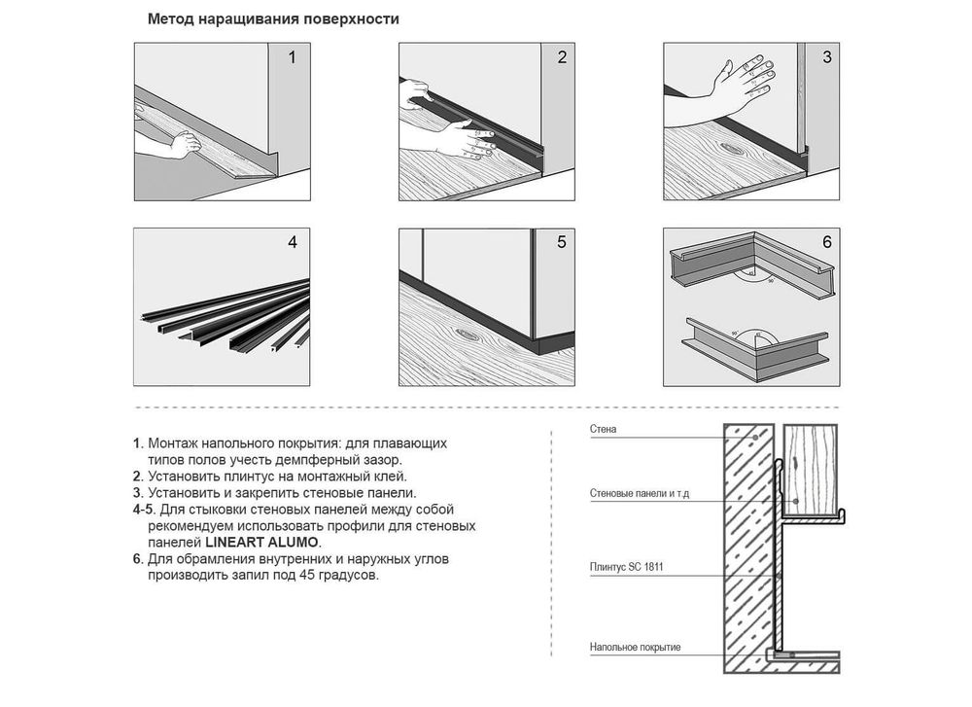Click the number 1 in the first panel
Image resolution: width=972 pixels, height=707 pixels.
click(292, 57)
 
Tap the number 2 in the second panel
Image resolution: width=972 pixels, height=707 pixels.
click(562, 57)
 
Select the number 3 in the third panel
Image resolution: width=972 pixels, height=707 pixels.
click(827, 57)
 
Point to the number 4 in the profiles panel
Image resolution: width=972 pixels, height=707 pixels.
click(293, 242)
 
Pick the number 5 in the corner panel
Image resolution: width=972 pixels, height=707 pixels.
click(562, 242)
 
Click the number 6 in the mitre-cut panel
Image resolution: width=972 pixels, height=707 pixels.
click(827, 242)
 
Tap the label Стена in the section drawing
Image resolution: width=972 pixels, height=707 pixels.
click(604, 429)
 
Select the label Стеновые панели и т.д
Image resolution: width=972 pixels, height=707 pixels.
click(640, 494)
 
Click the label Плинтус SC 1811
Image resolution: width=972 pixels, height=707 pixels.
click(627, 567)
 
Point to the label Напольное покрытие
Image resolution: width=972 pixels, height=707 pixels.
click(636, 648)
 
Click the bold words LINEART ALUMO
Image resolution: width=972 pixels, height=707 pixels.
click(261, 543)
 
